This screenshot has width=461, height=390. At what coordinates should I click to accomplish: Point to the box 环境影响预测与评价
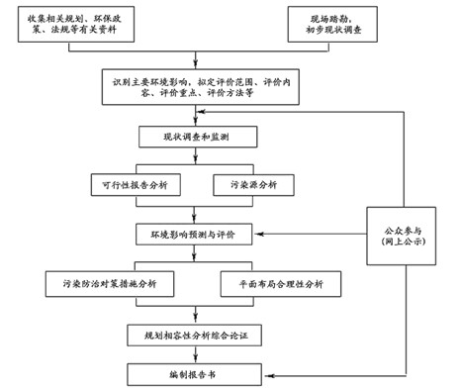(195, 235)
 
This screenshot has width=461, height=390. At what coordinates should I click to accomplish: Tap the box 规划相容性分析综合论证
(196, 338)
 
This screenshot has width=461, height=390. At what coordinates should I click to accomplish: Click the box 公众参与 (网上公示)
(406, 235)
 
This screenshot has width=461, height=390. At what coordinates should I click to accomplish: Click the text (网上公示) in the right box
(406, 243)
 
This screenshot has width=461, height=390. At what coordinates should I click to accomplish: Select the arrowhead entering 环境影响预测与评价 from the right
(261, 235)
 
